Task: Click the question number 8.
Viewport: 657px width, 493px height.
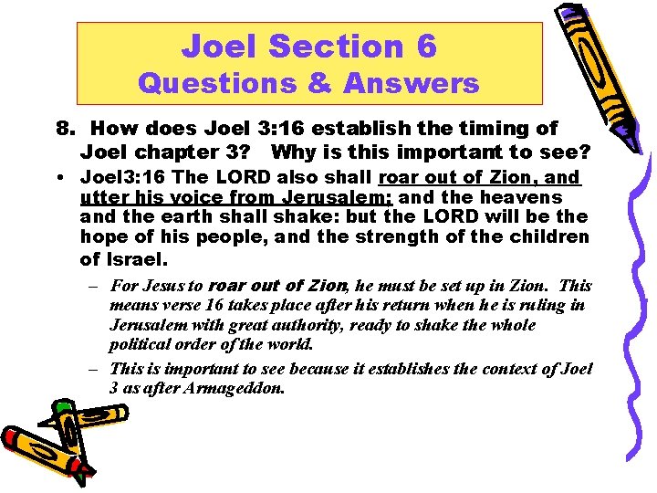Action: pos(63,130)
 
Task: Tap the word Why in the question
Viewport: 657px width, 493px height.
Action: pos(294,151)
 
